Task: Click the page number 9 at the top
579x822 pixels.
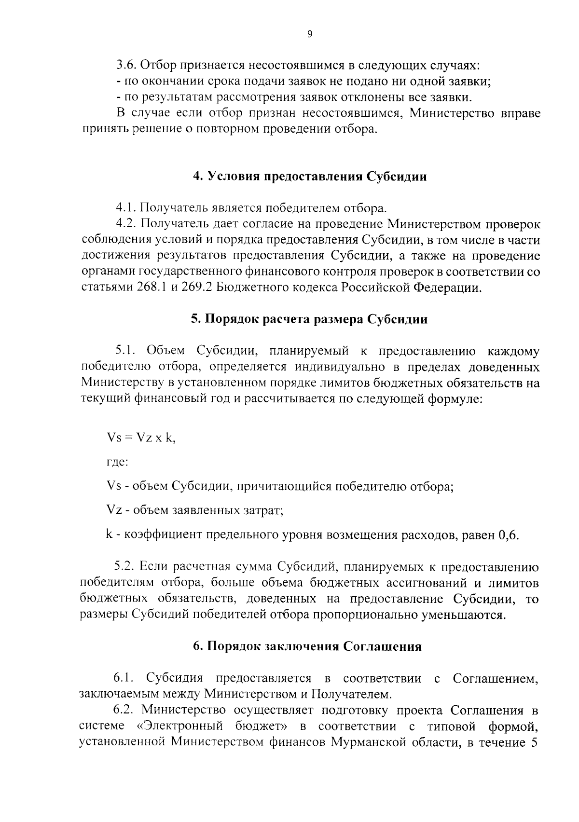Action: point(310,34)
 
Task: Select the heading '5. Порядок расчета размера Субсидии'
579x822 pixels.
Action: point(309,319)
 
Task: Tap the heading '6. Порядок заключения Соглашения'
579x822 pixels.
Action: point(307,646)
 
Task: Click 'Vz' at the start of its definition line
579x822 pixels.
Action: point(114,510)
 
